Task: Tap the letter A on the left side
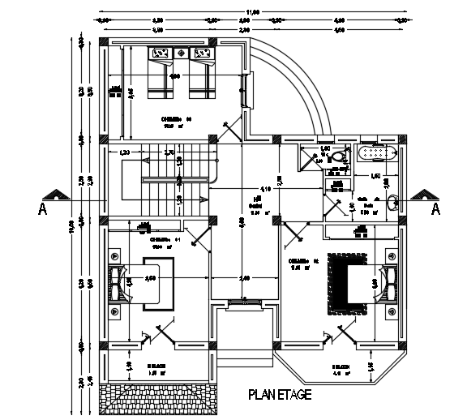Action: (41, 209)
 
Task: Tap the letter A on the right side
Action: (435, 209)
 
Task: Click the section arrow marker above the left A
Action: (56, 195)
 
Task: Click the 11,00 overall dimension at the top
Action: (253, 11)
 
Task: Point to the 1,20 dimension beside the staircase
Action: (125, 152)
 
